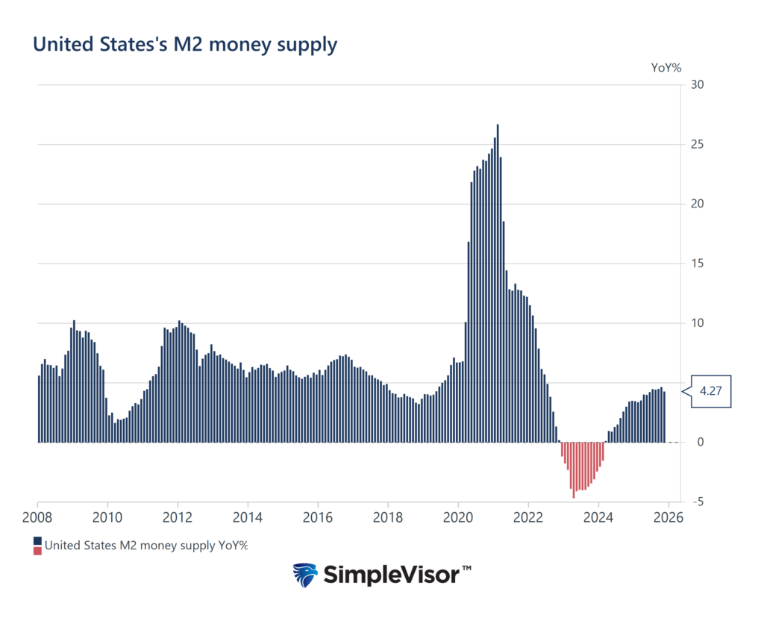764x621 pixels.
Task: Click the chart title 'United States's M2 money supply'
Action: point(185,44)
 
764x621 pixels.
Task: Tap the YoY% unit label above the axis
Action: point(666,67)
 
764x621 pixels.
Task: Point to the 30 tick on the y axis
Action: point(698,84)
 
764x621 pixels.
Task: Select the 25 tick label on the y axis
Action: point(698,144)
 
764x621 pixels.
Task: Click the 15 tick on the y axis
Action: point(698,263)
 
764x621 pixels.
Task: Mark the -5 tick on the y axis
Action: point(697,502)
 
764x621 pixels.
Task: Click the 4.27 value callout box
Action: point(710,391)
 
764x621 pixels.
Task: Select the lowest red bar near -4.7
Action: point(574,470)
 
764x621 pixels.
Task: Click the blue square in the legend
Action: point(37,540)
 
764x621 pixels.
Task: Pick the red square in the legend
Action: point(37,551)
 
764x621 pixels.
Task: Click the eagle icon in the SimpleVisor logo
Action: point(305,575)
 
